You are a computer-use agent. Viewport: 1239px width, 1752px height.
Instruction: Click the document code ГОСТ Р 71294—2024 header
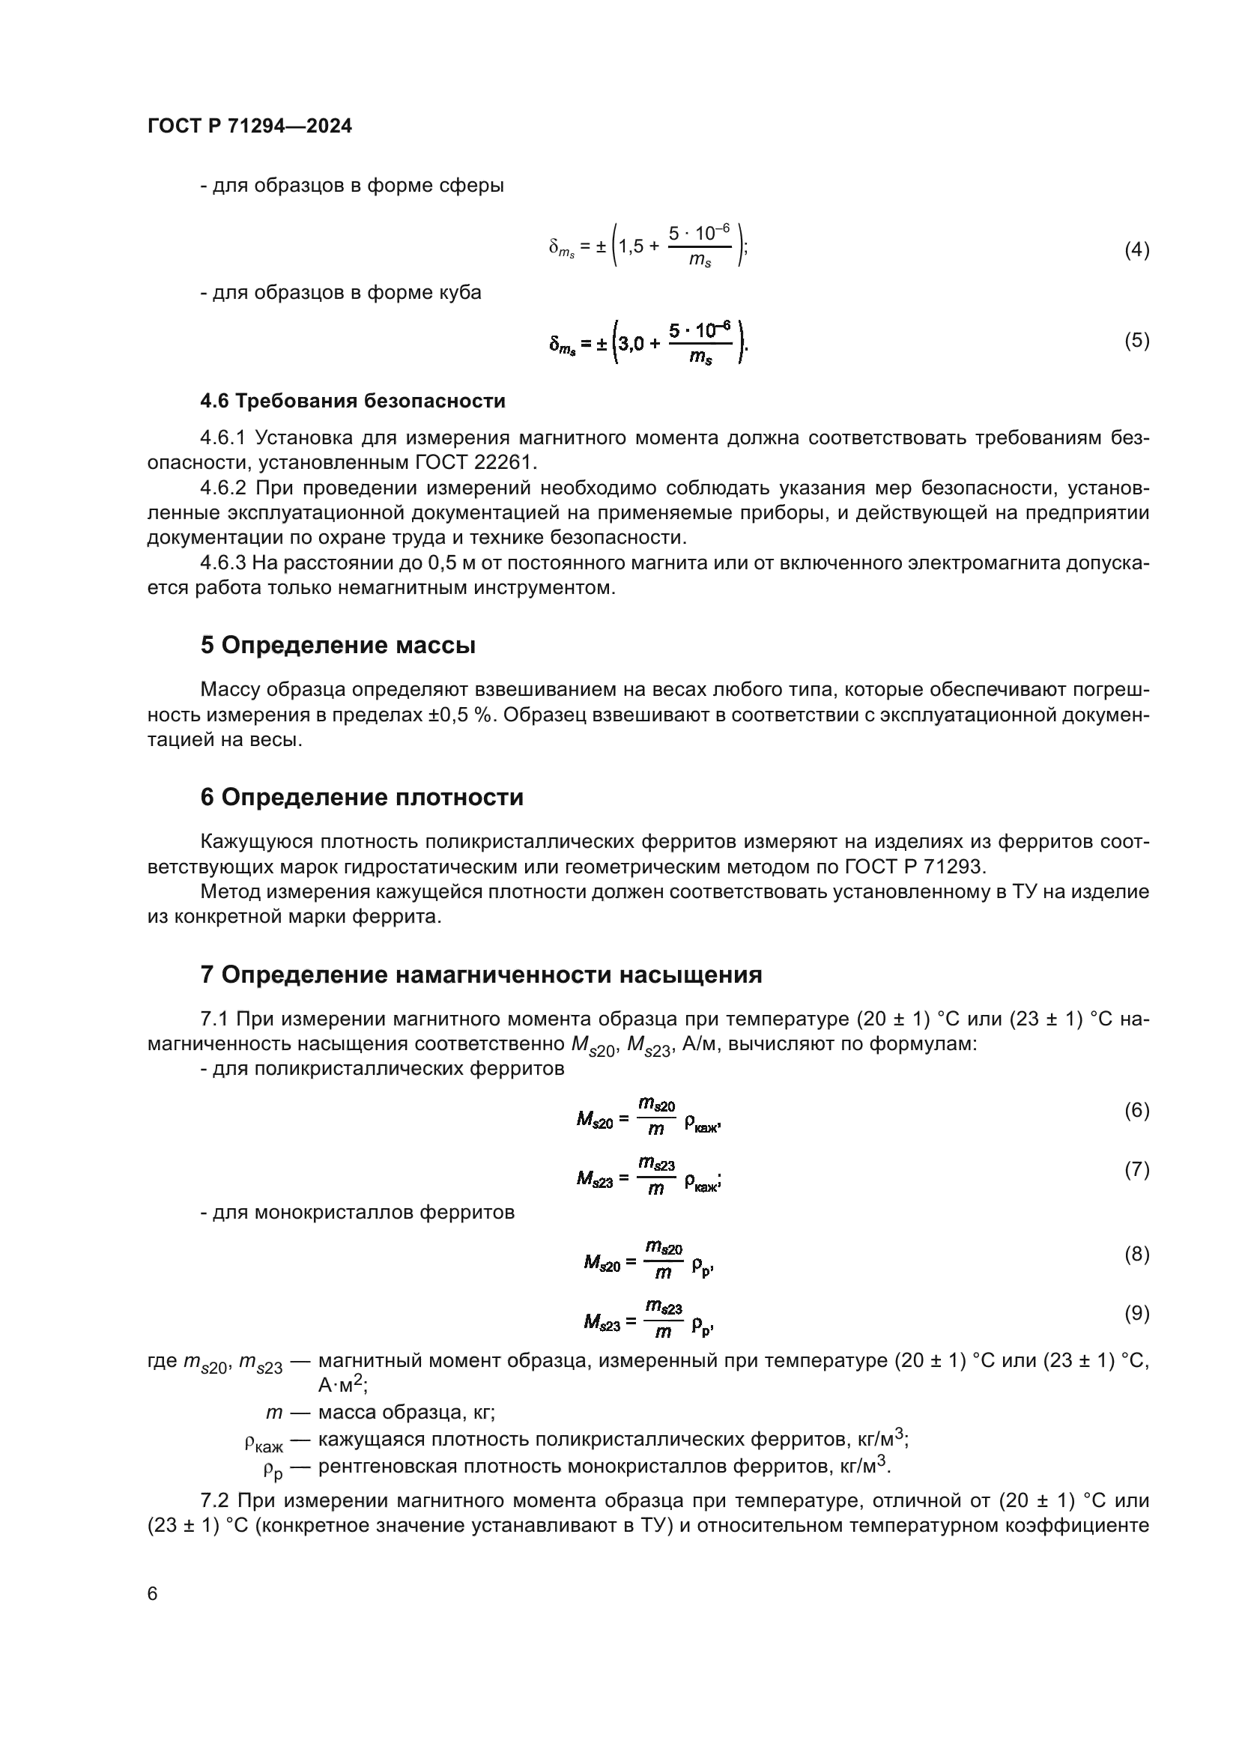[249, 127]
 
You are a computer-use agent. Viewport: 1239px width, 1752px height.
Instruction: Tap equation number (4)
[1136, 249]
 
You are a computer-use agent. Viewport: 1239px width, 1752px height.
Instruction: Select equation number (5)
[1136, 340]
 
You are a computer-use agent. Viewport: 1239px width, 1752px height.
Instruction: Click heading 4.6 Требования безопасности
[353, 401]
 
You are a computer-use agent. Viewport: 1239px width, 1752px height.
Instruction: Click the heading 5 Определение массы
[338, 646]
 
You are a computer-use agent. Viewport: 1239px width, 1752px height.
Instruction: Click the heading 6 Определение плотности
[362, 798]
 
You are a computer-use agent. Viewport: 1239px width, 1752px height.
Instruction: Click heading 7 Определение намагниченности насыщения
[481, 975]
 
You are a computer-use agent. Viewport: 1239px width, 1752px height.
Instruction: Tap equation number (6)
[1136, 1110]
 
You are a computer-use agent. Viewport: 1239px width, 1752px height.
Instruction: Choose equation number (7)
[1136, 1170]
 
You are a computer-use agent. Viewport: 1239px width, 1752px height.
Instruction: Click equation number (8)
[1136, 1255]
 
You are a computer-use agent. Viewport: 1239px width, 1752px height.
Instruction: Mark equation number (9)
[1136, 1313]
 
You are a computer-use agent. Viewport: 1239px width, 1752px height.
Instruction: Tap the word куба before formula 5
[461, 293]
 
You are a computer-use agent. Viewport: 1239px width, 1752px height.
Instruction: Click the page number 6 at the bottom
[153, 1594]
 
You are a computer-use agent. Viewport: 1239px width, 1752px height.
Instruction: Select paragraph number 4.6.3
[222, 563]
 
